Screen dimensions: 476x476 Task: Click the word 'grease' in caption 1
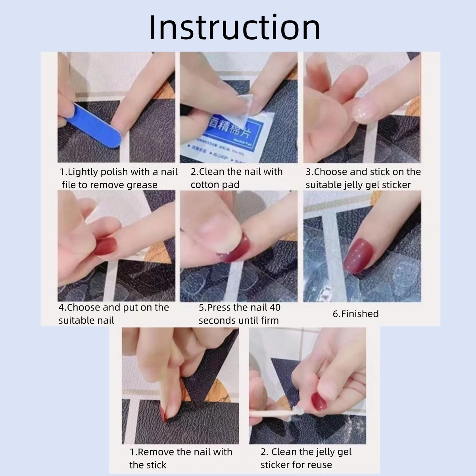pyautogui.click(x=142, y=185)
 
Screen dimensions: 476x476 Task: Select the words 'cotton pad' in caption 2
pyautogui.click(x=215, y=185)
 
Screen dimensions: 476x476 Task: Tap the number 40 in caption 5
pyautogui.click(x=274, y=307)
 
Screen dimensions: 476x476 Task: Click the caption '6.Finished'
pyautogui.click(x=355, y=314)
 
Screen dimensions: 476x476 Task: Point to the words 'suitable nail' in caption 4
pyautogui.click(x=86, y=321)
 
